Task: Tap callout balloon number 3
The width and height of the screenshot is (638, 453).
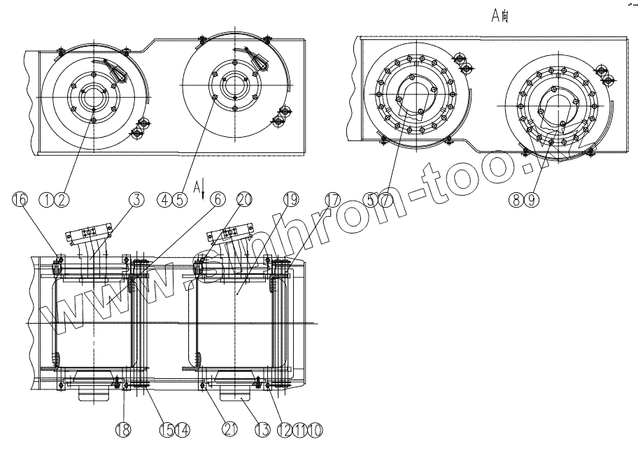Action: (x=136, y=200)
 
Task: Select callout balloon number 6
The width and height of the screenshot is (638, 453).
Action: (x=217, y=200)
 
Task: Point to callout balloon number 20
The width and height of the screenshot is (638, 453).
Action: (x=243, y=200)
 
